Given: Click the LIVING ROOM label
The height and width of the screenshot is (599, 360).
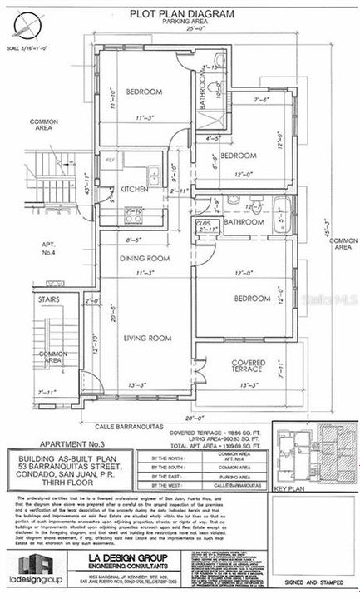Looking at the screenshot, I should [147, 338].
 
